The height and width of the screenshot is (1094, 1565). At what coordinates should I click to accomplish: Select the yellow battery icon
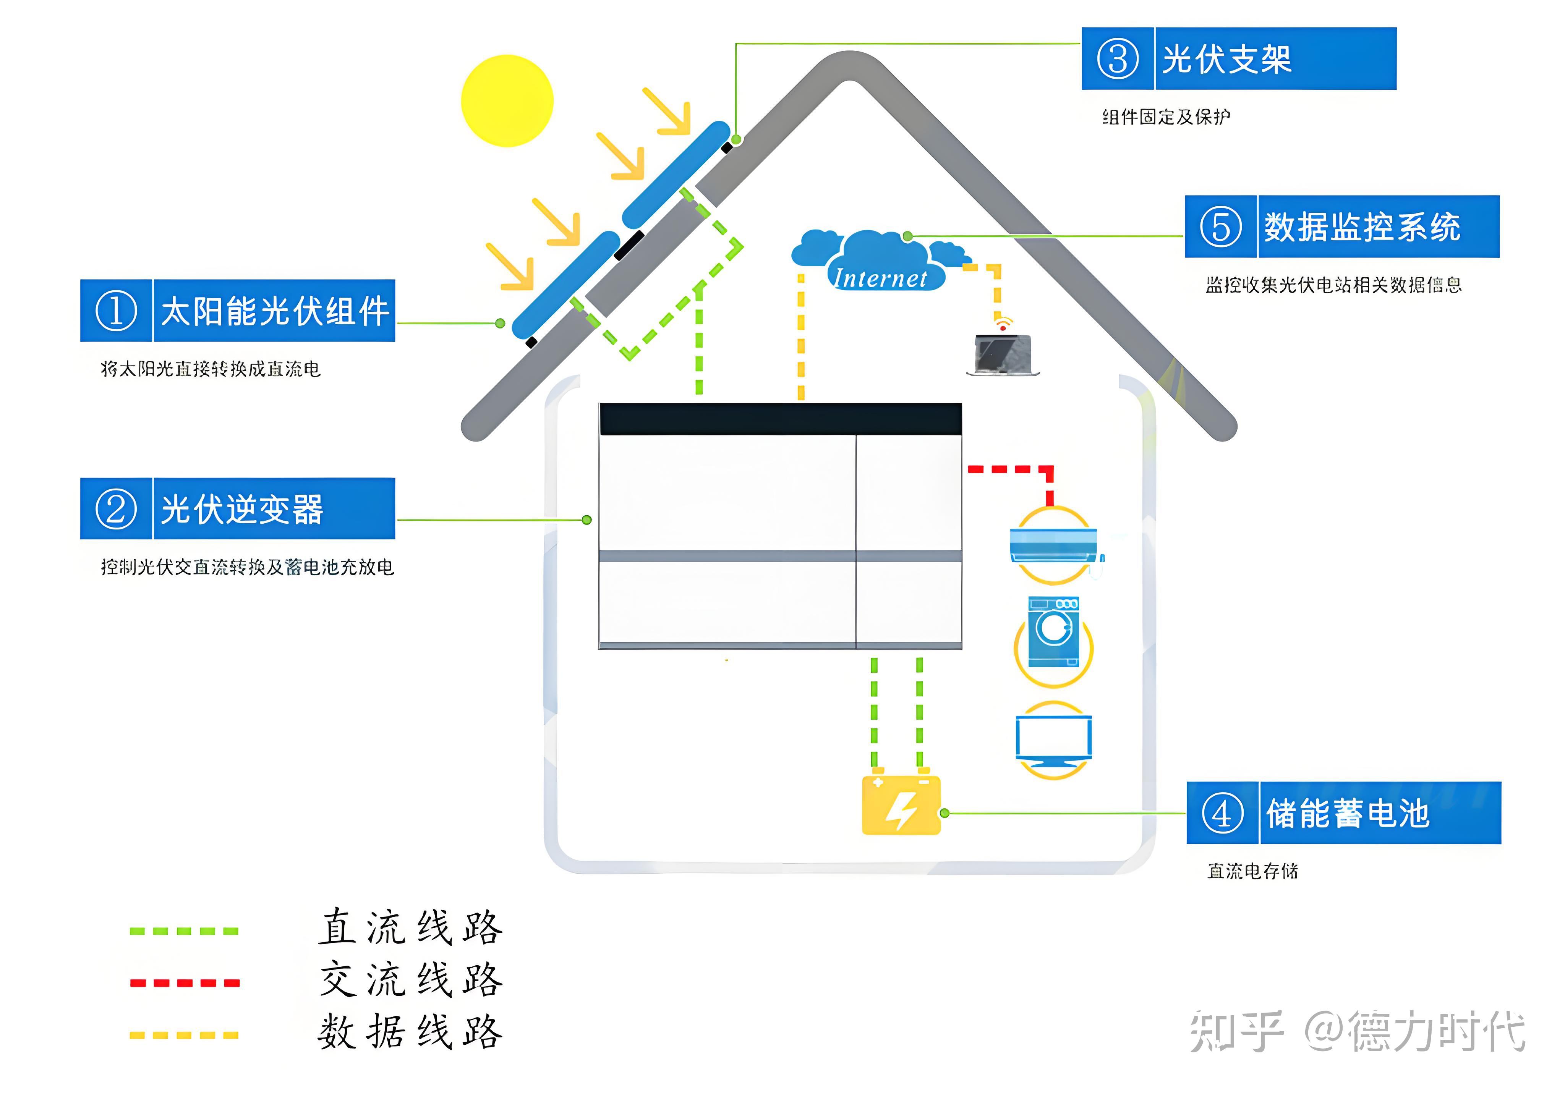(x=901, y=806)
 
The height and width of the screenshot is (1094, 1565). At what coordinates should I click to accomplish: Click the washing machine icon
(x=1053, y=633)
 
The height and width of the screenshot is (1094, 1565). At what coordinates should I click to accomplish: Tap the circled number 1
(x=116, y=311)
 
